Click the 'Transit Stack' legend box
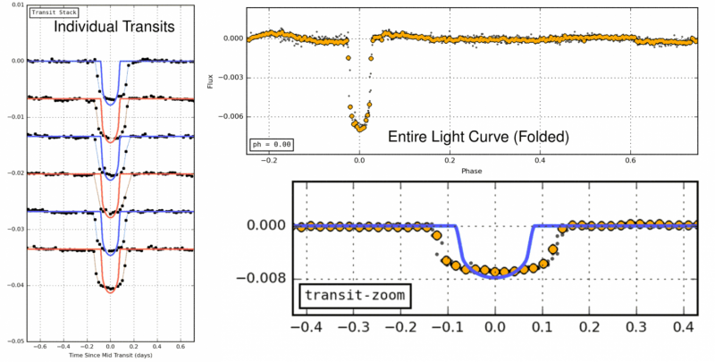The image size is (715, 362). [x=49, y=13]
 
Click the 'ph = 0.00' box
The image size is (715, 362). [x=272, y=145]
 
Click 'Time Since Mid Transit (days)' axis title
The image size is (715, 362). [x=110, y=356]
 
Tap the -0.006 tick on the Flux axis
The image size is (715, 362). [x=230, y=116]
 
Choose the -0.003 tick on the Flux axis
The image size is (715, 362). [x=230, y=78]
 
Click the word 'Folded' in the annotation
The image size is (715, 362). [x=545, y=138]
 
